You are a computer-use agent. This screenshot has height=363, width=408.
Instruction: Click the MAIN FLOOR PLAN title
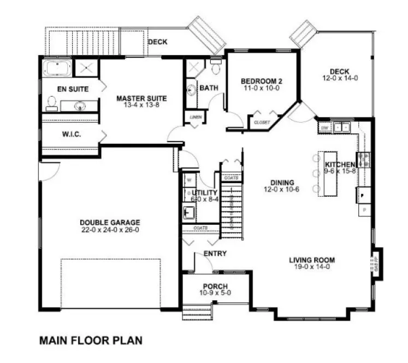[91, 340]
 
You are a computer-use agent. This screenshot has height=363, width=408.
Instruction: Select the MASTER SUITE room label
[141, 99]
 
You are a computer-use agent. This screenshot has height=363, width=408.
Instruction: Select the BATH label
[208, 88]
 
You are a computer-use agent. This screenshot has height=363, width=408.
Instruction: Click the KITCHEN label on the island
[340, 164]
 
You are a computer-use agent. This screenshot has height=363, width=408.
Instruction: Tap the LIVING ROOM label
[312, 260]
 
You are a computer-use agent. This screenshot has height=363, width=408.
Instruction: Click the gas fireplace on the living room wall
[376, 262]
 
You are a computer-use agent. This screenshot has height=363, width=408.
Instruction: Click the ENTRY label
[215, 254]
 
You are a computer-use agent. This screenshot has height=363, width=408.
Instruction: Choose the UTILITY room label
[205, 193]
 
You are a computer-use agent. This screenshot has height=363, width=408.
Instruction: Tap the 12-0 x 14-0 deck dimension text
[340, 78]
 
